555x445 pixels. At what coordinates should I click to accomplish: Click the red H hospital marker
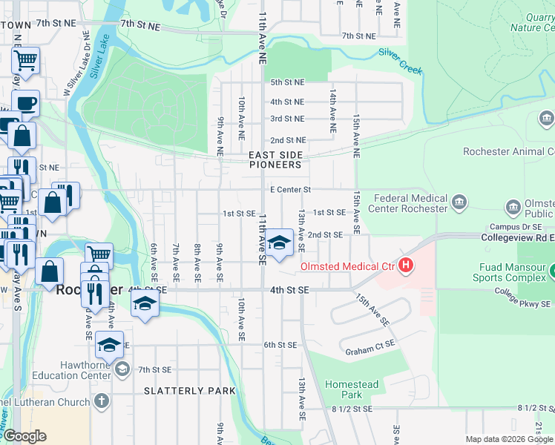coord(406,264)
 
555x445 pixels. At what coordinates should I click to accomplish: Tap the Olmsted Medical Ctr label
coord(347,266)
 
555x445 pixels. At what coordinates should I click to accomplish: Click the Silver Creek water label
coord(400,62)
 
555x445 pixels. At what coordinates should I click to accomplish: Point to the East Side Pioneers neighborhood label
coord(275,159)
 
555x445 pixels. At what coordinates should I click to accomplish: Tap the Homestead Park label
coord(352,389)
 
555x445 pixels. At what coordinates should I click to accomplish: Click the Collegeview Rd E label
coord(517,238)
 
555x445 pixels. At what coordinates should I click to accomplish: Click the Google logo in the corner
coord(24,435)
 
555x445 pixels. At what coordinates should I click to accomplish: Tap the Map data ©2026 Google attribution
coord(509,439)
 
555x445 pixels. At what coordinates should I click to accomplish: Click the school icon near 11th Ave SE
coord(279,243)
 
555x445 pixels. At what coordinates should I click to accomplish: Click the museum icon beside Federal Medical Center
coord(459,202)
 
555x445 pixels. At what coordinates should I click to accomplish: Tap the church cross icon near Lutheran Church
coord(101,401)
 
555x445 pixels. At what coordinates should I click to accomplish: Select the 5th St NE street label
coord(287,82)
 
